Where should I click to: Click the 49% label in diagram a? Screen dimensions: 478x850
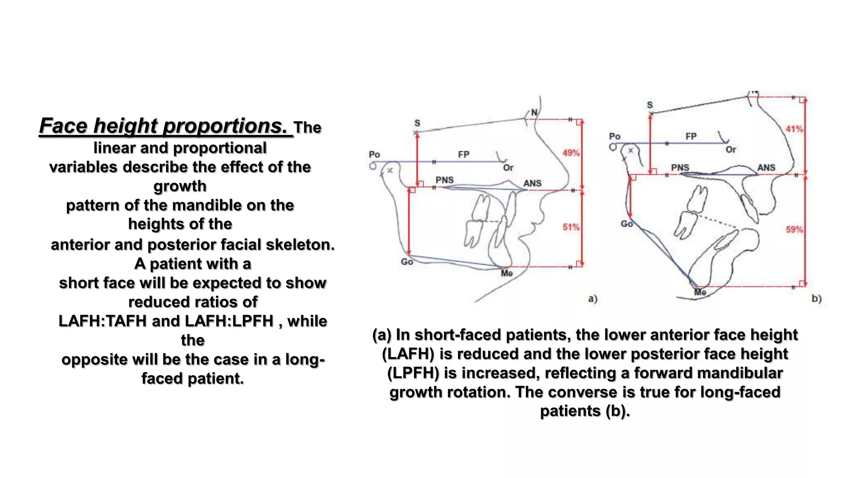pyautogui.click(x=571, y=153)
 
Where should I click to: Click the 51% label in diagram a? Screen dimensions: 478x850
pyautogui.click(x=571, y=227)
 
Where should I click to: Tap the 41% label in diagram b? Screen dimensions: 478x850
pyautogui.click(x=794, y=129)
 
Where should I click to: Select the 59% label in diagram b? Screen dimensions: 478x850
pyautogui.click(x=794, y=229)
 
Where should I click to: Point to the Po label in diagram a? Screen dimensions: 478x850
pyautogui.click(x=374, y=154)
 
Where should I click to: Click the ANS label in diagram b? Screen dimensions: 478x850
pyautogui.click(x=766, y=168)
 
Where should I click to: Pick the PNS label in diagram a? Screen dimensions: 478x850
pyautogui.click(x=445, y=180)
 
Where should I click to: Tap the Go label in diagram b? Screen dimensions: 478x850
pyautogui.click(x=626, y=224)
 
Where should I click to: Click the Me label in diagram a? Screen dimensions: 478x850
pyautogui.click(x=507, y=273)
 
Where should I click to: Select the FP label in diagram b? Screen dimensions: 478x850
pyautogui.click(x=691, y=136)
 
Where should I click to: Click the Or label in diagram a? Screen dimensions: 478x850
pyautogui.click(x=508, y=168)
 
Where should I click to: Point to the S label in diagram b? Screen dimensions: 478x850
pyautogui.click(x=650, y=105)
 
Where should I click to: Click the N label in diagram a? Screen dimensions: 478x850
pyautogui.click(x=534, y=112)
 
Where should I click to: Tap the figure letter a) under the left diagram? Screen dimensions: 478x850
pyautogui.click(x=593, y=299)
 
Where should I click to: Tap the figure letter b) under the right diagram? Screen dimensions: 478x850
pyautogui.click(x=816, y=299)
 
